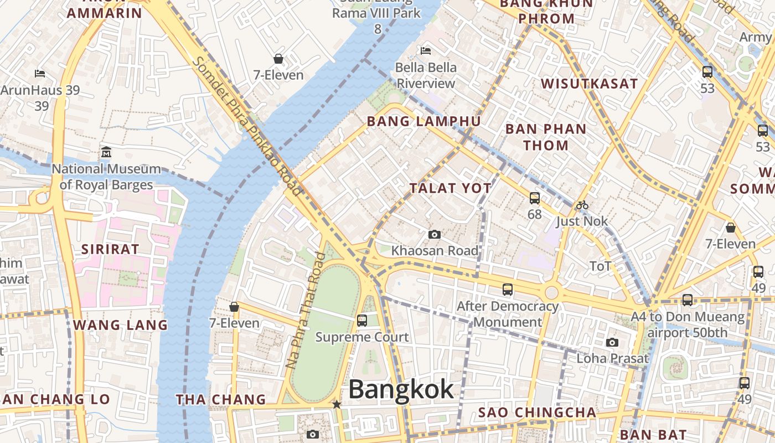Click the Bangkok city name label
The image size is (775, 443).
(401, 389)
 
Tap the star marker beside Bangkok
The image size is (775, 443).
(337, 405)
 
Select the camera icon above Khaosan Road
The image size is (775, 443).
(435, 235)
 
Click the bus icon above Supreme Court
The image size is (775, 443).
(362, 320)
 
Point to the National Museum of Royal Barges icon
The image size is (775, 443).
(106, 152)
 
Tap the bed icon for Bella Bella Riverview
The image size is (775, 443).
(426, 51)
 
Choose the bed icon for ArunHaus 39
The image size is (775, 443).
(40, 73)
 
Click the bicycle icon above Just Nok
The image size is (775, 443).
(582, 205)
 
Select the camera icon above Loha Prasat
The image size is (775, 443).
(612, 342)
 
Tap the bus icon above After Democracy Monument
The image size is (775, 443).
(508, 289)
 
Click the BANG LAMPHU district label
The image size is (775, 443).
(423, 121)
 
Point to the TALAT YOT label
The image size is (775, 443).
(451, 188)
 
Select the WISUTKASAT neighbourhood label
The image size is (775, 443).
(589, 84)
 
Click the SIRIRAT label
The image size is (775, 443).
(110, 249)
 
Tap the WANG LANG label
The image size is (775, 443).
(120, 325)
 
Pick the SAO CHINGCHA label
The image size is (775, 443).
(537, 413)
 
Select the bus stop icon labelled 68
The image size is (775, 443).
(535, 198)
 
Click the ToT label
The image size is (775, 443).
(601, 266)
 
